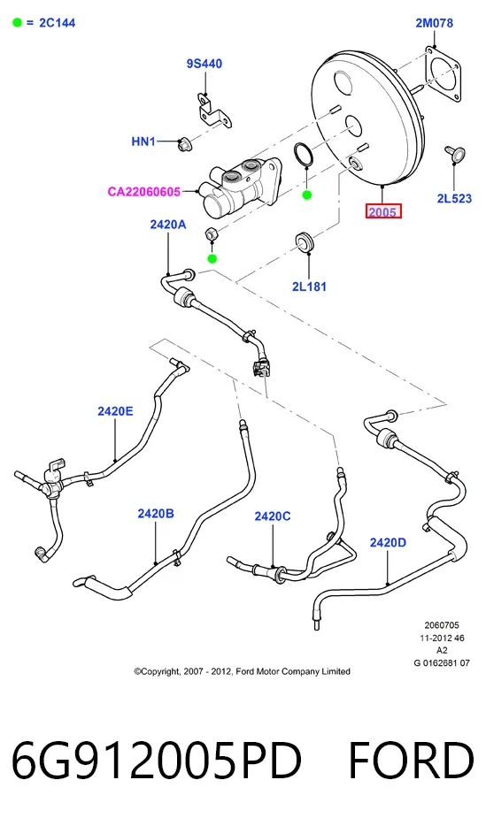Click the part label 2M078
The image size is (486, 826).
tap(434, 23)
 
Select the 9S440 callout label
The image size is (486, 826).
tap(204, 64)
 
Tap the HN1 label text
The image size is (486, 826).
tap(143, 141)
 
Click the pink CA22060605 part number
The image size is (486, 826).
tap(144, 191)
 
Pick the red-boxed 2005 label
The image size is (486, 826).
tap(383, 211)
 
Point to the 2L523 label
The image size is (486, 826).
tap(454, 198)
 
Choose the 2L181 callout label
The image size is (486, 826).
tap(310, 287)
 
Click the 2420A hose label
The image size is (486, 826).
tap(168, 225)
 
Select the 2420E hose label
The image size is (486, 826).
tap(115, 411)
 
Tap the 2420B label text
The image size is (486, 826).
tap(156, 513)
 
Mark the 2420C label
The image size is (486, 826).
tap(273, 516)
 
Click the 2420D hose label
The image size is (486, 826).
tap(388, 542)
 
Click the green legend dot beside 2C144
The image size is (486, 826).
tap(18, 23)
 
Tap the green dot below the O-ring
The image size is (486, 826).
tap(307, 195)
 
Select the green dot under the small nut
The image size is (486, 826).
tap(212, 258)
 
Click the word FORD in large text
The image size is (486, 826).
tap(411, 761)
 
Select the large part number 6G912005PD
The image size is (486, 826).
tap(157, 761)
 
